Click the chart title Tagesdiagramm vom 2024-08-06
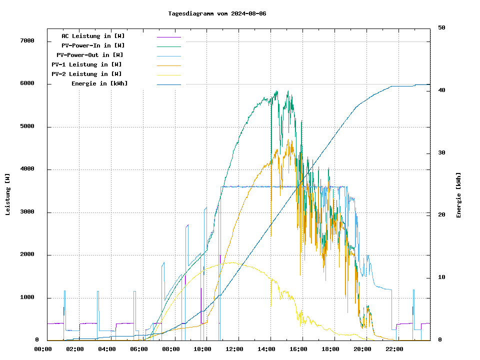click(217, 13)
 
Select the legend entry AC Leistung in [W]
click(93, 36)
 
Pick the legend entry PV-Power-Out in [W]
click(90, 55)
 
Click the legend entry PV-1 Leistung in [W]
click(86, 64)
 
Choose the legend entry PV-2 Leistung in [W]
click(86, 74)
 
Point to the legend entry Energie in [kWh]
click(99, 83)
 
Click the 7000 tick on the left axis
click(27, 41)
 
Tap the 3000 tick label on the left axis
click(27, 212)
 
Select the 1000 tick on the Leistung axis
click(27, 298)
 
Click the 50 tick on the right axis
click(441, 28)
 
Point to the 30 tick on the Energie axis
click(441, 153)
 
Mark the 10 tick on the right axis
click(441, 277)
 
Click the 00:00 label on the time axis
click(43, 349)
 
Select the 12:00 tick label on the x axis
click(234, 349)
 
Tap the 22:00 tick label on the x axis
click(394, 349)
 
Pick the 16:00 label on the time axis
click(298, 349)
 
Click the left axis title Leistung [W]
click(8, 194)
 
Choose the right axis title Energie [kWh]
click(458, 195)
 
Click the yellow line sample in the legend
click(168, 74)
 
